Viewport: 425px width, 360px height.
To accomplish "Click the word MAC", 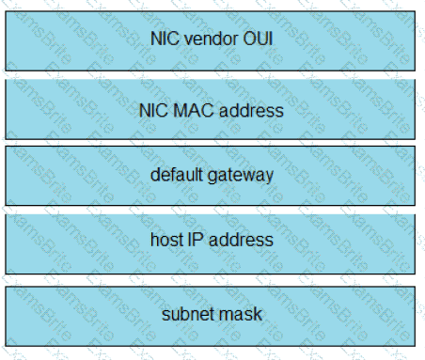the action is (x=193, y=110).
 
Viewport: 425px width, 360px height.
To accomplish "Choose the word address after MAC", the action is (x=251, y=110).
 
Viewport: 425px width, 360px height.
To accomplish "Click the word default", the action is (x=177, y=175).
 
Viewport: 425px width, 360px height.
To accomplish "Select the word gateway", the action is (x=241, y=176).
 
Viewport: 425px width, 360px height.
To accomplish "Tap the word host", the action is (x=166, y=240).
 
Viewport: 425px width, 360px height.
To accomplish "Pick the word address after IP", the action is (x=241, y=240).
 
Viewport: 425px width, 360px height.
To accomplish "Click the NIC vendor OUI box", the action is (x=211, y=41).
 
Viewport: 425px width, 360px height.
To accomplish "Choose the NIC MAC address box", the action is (x=211, y=110).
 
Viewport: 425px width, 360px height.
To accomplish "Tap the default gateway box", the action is (x=211, y=176).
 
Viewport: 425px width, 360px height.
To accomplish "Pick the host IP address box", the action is (x=211, y=244).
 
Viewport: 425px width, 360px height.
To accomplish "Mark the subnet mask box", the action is (x=211, y=316).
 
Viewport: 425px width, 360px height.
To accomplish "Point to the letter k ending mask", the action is (x=259, y=314).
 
